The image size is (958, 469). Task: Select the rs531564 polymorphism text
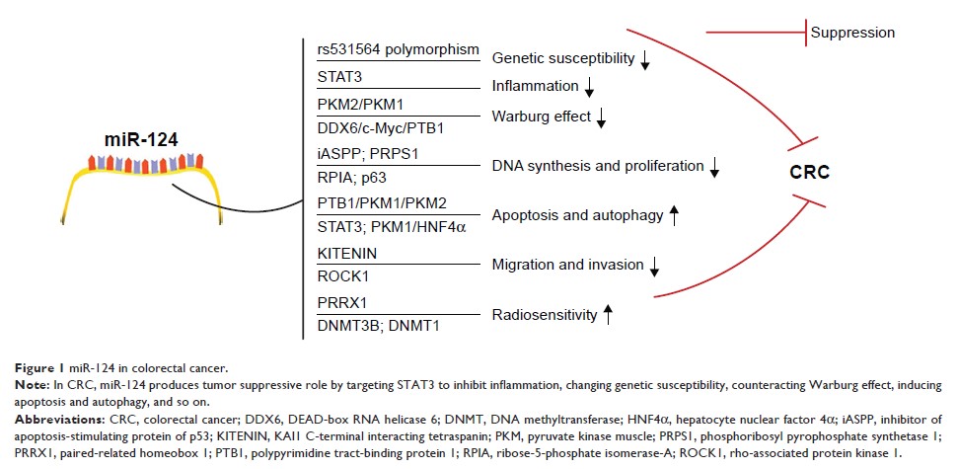[399, 50]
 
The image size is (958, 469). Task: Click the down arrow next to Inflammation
[589, 89]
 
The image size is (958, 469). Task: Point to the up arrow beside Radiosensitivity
[608, 315]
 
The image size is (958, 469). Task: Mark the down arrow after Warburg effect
[601, 118]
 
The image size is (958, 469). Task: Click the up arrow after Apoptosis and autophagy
[675, 215]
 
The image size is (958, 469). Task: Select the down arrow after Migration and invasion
[653, 265]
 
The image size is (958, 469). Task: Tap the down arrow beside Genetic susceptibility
[645, 60]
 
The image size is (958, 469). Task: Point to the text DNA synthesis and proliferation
[599, 166]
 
